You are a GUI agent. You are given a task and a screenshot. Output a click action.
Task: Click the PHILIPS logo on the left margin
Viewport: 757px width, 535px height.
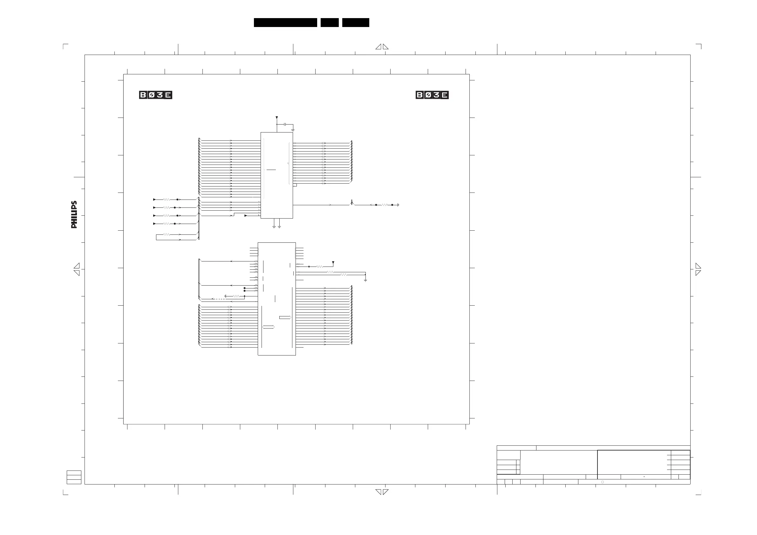(x=74, y=214)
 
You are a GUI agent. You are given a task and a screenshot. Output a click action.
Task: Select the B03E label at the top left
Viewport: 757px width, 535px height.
(x=156, y=95)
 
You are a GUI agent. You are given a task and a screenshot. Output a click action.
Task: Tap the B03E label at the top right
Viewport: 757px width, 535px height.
(x=432, y=95)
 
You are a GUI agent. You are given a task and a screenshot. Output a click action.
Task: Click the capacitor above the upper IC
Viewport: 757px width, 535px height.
(x=285, y=124)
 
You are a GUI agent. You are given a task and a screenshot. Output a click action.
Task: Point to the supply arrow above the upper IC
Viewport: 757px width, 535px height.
(x=276, y=117)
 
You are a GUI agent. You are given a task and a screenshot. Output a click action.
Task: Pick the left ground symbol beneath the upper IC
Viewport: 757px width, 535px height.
(x=274, y=227)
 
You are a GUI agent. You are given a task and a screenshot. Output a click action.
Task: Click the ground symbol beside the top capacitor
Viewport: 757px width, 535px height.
(x=293, y=130)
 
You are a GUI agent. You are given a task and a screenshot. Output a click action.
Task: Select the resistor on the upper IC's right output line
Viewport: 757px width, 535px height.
(x=384, y=205)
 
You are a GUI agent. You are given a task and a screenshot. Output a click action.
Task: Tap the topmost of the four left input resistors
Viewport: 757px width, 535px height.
(x=167, y=200)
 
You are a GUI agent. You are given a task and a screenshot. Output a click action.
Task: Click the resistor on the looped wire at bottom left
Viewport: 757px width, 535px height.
(x=167, y=234)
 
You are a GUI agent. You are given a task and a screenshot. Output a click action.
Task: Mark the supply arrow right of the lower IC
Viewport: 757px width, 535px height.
(x=333, y=263)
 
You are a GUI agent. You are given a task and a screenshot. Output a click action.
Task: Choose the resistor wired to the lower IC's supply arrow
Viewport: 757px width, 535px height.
(x=319, y=266)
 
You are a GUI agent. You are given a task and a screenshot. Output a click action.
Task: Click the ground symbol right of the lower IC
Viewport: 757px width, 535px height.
(x=365, y=280)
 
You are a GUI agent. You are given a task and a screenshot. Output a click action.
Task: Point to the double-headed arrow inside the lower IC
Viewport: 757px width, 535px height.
(x=268, y=327)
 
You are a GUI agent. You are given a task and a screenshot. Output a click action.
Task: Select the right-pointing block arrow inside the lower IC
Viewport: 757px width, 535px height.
(x=285, y=317)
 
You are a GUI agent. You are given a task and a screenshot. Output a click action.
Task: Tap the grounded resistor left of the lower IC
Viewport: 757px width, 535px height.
(x=236, y=296)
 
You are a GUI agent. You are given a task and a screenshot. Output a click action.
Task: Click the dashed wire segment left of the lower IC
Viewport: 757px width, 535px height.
(x=219, y=299)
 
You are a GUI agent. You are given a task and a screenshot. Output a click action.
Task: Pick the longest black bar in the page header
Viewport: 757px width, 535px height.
(x=285, y=23)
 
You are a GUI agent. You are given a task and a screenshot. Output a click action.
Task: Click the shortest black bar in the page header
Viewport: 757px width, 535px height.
(x=330, y=23)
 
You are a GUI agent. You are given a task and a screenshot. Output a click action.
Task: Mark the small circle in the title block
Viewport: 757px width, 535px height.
(x=602, y=482)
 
